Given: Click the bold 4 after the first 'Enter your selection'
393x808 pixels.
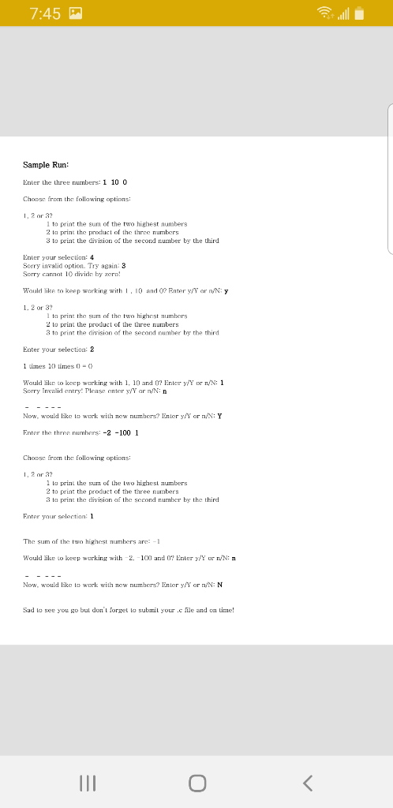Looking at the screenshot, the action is tap(92, 256).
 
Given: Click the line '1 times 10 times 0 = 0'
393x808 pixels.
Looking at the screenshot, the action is tap(59, 365).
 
